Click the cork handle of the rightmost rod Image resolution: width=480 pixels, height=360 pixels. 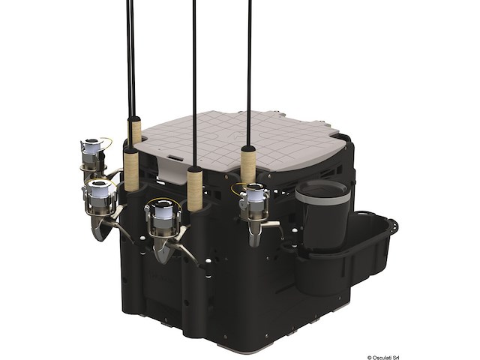[248, 166]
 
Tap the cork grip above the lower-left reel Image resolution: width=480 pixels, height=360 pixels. [130, 169]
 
